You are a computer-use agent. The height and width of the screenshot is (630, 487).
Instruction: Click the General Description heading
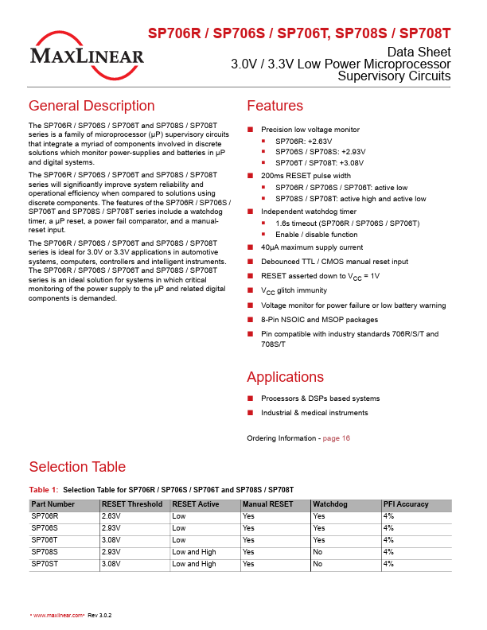tap(92, 106)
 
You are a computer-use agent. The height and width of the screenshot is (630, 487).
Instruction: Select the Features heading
tap(275, 106)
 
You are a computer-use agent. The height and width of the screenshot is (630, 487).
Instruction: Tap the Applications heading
tap(285, 376)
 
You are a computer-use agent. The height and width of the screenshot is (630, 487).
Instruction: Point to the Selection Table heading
tap(77, 467)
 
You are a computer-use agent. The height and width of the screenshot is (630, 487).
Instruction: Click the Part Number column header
tap(53, 504)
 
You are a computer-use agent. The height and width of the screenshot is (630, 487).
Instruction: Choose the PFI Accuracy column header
tap(406, 504)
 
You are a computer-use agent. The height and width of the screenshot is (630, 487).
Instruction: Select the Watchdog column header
tap(329, 504)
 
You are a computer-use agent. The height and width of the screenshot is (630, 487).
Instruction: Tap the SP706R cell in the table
tap(45, 516)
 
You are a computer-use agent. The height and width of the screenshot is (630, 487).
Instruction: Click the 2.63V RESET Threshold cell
tap(111, 516)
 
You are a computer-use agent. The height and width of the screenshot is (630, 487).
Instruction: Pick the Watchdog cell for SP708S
tap(318, 552)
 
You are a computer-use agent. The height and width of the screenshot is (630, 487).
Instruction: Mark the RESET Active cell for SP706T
tap(179, 540)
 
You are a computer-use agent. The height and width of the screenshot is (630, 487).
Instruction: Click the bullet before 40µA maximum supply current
tap(250, 247)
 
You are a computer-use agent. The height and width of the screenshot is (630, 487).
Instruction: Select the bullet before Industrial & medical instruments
tap(250, 413)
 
